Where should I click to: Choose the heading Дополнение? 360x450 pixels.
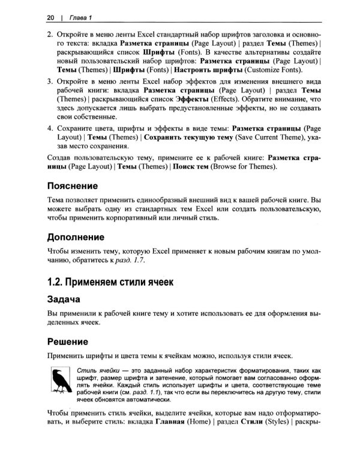[x=80, y=236]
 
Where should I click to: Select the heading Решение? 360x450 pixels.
[x=68, y=341]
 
